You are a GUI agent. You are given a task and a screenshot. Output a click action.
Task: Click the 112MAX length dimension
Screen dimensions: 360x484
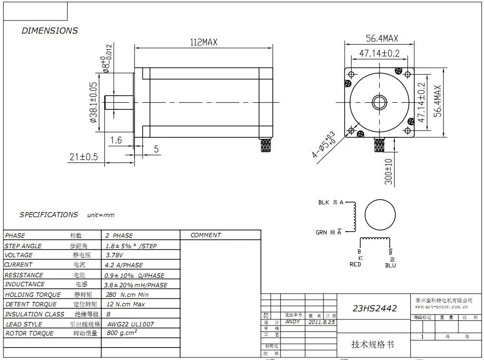coord(203,43)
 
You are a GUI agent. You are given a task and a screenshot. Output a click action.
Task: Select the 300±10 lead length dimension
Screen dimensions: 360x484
coord(389,171)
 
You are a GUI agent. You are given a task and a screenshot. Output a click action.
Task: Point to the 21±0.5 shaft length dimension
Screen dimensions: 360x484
coord(83,157)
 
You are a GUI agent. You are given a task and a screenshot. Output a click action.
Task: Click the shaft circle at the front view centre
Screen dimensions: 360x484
coord(380,101)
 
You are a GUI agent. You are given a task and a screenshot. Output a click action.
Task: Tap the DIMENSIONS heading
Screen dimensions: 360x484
coord(50,31)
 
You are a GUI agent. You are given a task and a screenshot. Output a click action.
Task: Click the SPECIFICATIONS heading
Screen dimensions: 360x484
coord(49,215)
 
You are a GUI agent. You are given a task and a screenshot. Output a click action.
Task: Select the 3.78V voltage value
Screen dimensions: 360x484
coord(114,255)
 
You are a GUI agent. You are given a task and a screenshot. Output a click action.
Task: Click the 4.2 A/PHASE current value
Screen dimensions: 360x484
coord(124,265)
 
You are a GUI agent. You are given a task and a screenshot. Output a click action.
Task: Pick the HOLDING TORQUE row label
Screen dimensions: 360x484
coord(33,295)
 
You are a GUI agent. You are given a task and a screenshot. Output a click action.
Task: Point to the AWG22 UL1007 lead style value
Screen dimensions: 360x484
coord(130,324)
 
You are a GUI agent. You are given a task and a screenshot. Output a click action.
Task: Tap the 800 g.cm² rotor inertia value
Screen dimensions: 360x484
coord(122,333)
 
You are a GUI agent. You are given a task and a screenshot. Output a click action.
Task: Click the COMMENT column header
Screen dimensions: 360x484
coord(206,235)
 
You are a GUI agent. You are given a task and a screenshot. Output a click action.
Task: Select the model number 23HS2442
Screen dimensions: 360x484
coord(375,308)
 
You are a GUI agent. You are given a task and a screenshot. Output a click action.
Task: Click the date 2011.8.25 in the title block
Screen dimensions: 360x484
coord(321,322)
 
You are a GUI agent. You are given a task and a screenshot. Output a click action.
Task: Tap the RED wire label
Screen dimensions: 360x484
coord(355,264)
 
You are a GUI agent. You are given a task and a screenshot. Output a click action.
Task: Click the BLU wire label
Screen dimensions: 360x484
coord(390,265)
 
